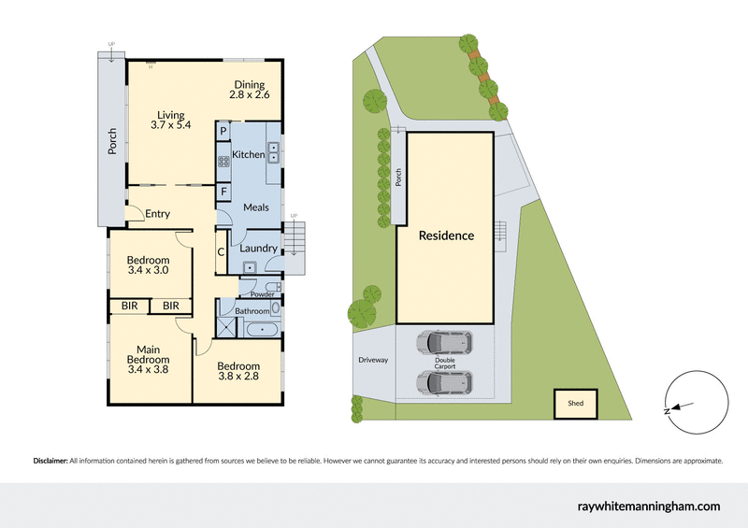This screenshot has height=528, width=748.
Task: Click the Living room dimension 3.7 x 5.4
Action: (170, 124)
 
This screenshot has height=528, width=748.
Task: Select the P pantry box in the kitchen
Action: (223, 132)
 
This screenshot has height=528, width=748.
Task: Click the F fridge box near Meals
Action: (223, 193)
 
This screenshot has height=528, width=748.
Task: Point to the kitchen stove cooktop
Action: (224, 162)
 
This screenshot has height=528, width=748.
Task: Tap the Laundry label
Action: (258, 249)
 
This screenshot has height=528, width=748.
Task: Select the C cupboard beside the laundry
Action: (222, 251)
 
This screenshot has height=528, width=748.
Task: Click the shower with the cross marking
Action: (227, 326)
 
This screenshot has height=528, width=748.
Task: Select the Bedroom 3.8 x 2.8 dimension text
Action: (237, 377)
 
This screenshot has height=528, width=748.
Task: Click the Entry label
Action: (157, 214)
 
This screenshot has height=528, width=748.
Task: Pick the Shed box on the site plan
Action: (575, 403)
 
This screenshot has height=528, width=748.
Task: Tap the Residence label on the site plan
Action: (445, 235)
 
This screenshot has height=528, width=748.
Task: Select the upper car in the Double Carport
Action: (445, 345)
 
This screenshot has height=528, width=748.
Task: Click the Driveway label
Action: (372, 360)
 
